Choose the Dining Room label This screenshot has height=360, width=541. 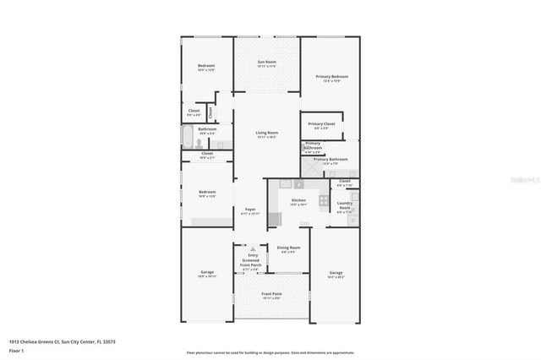coord(288,249)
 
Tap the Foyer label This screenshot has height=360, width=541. coord(250,211)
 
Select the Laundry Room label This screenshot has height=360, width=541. coord(345,205)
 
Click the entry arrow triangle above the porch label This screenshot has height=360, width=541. coord(250,249)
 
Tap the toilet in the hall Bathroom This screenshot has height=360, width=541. coord(197,143)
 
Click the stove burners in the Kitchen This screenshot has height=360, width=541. coord(323,201)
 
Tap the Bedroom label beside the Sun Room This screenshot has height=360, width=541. coord(206,68)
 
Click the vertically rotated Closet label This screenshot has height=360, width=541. coord(210,112)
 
